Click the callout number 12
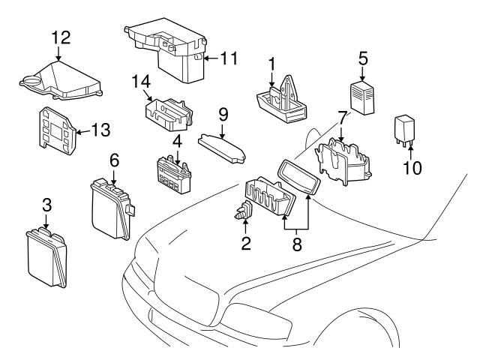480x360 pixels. click(60, 35)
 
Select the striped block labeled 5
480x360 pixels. click(362, 97)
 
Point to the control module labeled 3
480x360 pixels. click(44, 254)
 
